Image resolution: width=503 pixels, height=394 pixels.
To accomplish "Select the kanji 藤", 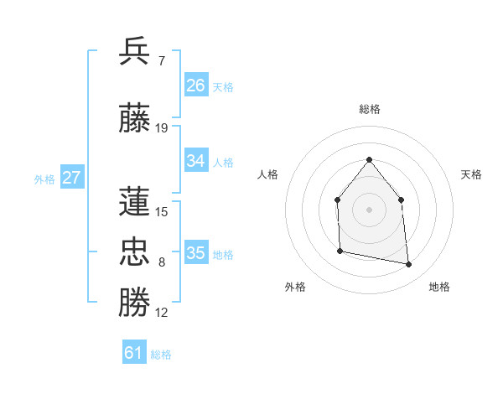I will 135,118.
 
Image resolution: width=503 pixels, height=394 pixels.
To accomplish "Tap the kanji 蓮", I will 135,201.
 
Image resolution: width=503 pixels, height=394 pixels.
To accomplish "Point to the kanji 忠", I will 135,252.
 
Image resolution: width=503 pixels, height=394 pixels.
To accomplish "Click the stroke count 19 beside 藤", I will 162,128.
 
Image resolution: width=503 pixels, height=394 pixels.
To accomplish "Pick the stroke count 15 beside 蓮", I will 162,211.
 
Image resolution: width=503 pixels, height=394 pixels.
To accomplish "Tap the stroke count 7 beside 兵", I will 162,60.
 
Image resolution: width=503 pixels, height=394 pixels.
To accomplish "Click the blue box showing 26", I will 196,86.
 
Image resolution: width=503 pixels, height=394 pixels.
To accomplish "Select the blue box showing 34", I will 196,161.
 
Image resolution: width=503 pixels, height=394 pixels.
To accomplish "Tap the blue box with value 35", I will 196,253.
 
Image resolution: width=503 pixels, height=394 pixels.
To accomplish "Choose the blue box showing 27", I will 72,178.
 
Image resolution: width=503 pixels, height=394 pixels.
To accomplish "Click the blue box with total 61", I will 134,353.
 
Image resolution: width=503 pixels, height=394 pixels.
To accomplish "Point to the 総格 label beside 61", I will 161,355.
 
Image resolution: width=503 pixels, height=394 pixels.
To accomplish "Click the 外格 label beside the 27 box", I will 44,179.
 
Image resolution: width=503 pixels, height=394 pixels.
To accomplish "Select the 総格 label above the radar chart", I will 369,109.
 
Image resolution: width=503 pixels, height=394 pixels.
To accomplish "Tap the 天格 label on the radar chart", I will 471,174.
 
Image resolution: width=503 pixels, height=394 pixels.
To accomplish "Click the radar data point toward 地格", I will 409,265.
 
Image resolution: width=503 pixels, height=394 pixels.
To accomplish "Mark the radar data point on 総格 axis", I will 369,159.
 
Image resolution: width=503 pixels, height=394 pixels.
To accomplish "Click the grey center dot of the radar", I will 369,209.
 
